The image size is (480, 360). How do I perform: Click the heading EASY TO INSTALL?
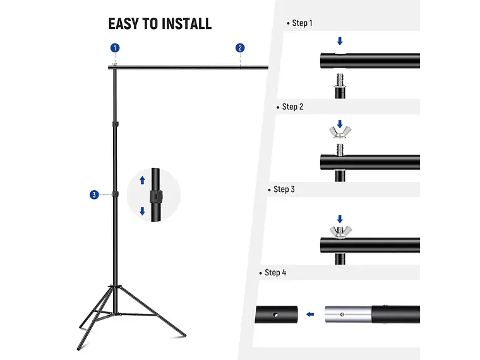(x=160, y=24)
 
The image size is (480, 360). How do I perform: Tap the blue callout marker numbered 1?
(x=115, y=48)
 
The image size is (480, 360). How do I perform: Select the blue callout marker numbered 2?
(x=240, y=48)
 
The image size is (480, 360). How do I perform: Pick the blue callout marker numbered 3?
(x=93, y=195)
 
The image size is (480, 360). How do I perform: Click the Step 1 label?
(x=302, y=23)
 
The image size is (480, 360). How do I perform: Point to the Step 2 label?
(x=292, y=107)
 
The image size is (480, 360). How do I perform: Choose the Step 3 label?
(x=284, y=189)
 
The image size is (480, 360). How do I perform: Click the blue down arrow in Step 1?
(x=340, y=42)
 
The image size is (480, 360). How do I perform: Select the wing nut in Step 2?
(x=340, y=133)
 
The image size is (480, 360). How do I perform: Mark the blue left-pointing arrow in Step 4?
(x=309, y=314)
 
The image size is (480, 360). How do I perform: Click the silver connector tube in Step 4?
(x=348, y=314)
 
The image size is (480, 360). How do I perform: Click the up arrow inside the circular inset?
(x=143, y=180)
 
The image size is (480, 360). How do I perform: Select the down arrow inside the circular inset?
(x=143, y=212)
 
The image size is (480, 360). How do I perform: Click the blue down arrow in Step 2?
(x=340, y=123)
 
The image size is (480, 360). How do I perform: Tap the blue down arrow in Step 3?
(x=340, y=219)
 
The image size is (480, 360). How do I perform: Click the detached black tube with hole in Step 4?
(x=277, y=314)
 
